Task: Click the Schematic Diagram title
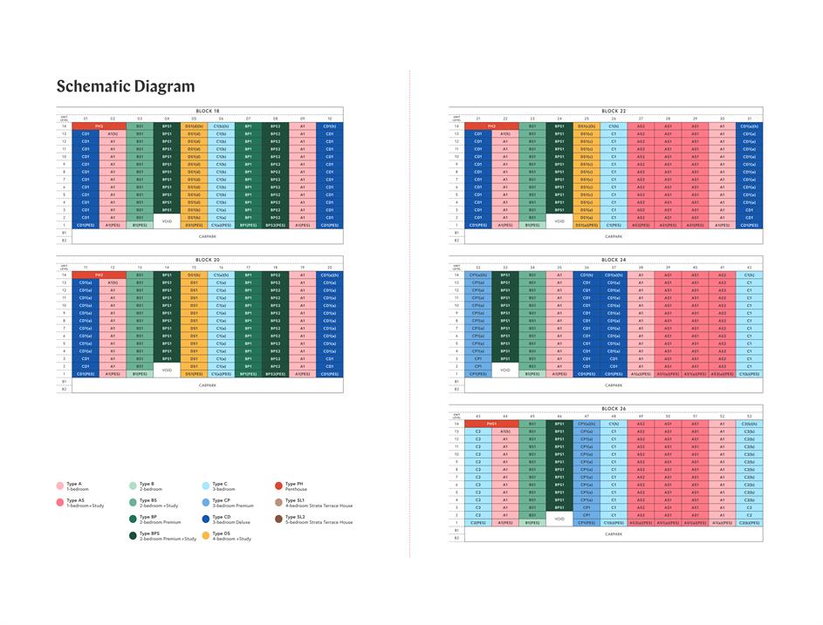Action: pyautogui.click(x=126, y=86)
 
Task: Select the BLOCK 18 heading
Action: pyautogui.click(x=207, y=111)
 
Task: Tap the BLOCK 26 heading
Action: pyautogui.click(x=614, y=409)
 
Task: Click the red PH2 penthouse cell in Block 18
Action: pyautogui.click(x=99, y=126)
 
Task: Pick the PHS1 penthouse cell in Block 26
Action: pyautogui.click(x=491, y=424)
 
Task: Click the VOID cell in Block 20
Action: pyautogui.click(x=167, y=370)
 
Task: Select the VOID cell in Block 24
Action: pyautogui.click(x=505, y=370)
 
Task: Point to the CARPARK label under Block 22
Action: pyautogui.click(x=614, y=236)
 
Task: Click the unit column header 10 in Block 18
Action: pyautogui.click(x=329, y=119)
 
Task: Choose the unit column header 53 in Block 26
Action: pyautogui.click(x=749, y=417)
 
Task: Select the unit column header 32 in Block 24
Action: pyautogui.click(x=477, y=268)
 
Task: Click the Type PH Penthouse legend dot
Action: pyautogui.click(x=278, y=485)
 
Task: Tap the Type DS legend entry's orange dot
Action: pyautogui.click(x=206, y=534)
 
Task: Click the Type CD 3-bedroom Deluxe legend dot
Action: pyautogui.click(x=206, y=518)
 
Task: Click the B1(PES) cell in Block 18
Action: pyautogui.click(x=140, y=225)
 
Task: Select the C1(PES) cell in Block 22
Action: pyautogui.click(x=614, y=225)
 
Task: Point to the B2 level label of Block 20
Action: pyautogui.click(x=64, y=388)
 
